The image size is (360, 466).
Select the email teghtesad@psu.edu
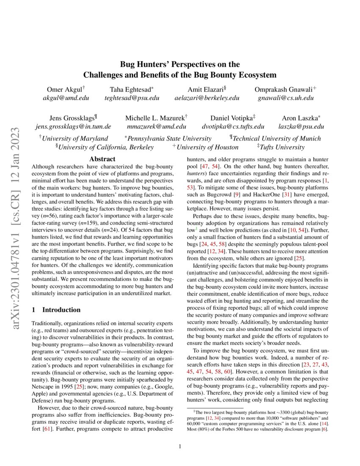tap(132, 98)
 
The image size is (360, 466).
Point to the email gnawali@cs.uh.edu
tap(286, 98)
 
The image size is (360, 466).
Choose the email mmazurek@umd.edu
tap(156, 126)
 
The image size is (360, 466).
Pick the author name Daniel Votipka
tap(231, 118)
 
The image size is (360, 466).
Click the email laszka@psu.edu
tap(301, 126)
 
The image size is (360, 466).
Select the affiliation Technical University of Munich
tap(277, 138)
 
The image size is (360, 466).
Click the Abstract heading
tap(102, 159)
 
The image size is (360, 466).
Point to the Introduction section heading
tap(61, 310)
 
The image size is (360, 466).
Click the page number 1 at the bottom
tap(180, 446)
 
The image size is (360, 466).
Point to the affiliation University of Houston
tap(207, 147)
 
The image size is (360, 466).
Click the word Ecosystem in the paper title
tap(256, 75)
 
